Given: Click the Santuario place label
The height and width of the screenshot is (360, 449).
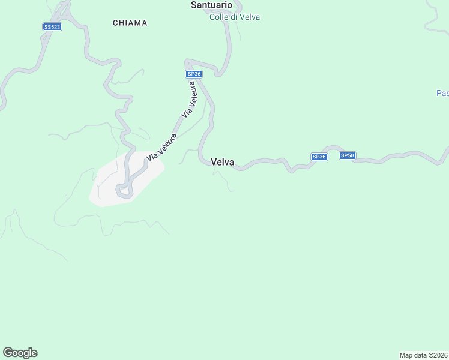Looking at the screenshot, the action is [x=211, y=5].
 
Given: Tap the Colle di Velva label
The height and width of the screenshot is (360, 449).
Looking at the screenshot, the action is [x=234, y=17].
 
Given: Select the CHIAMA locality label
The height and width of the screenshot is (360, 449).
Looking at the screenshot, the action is [x=130, y=23].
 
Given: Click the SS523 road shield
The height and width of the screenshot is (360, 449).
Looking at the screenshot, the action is [x=52, y=27].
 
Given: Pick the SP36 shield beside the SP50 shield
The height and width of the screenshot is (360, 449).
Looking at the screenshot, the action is [x=319, y=157].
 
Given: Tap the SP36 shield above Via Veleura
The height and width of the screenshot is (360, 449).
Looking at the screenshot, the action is [x=193, y=74].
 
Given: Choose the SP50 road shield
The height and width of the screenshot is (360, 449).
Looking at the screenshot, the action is [x=348, y=156].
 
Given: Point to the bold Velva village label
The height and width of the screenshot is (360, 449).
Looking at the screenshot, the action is [x=222, y=162].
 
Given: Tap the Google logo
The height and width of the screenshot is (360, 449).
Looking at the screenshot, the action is [x=20, y=353].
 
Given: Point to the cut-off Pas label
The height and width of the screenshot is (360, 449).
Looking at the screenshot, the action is [x=442, y=93].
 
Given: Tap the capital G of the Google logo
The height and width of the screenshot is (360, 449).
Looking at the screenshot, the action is [x=8, y=352].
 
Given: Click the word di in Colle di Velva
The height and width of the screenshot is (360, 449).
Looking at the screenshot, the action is [x=234, y=17].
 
